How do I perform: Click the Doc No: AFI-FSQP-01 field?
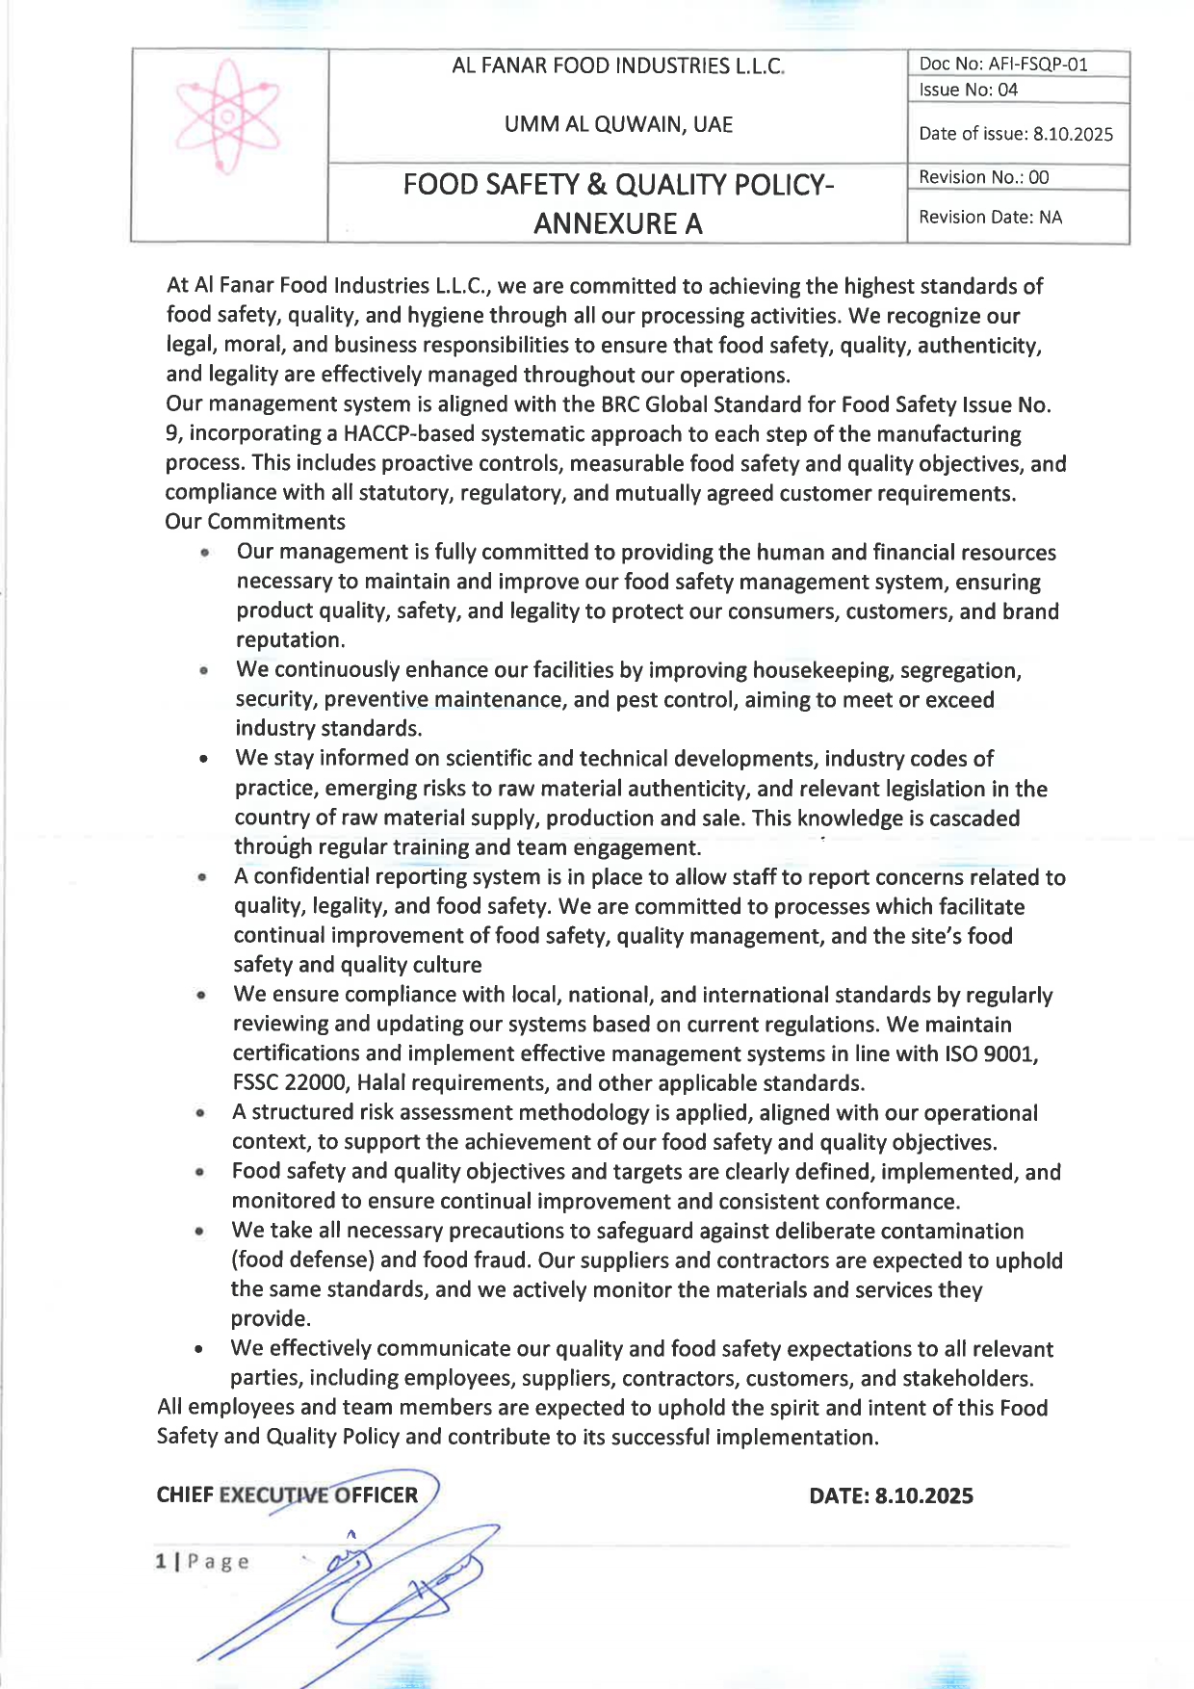(1003, 65)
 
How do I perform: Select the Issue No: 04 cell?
(968, 90)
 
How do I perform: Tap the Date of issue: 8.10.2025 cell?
(1016, 134)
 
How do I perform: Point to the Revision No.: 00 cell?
(983, 177)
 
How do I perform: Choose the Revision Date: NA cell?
(990, 217)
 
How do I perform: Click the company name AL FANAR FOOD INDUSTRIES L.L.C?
(618, 66)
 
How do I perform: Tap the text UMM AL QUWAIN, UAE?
(618, 124)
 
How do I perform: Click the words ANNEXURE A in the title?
(618, 223)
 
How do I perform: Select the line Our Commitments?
(255, 522)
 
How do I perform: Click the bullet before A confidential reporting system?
(202, 877)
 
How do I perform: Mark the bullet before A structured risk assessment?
(200, 1113)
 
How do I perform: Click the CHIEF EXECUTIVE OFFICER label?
(287, 1494)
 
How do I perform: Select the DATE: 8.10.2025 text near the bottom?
(891, 1495)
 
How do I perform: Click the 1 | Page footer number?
(202, 1561)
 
